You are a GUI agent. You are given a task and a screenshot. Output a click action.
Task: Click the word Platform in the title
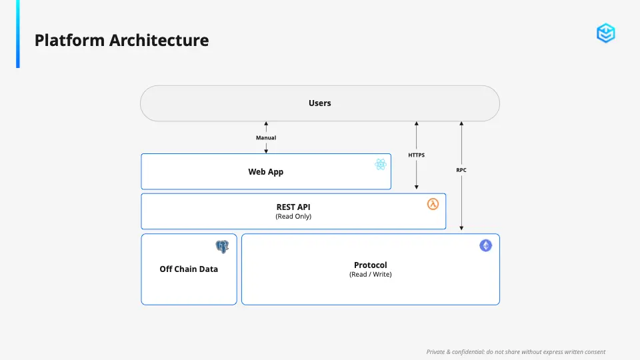tap(70, 41)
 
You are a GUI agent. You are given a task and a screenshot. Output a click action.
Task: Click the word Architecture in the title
tap(159, 41)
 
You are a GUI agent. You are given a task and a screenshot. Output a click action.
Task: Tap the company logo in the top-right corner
tap(606, 33)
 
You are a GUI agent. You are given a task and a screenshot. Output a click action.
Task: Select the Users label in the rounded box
tap(319, 103)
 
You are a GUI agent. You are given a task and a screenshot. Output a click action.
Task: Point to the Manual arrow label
tap(266, 138)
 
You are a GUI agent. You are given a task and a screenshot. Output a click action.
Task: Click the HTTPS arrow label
tap(416, 155)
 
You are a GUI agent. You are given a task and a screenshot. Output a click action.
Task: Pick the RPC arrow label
tap(461, 170)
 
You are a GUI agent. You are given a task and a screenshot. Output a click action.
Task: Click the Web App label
tap(266, 172)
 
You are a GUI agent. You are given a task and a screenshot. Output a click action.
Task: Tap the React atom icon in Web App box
tap(381, 165)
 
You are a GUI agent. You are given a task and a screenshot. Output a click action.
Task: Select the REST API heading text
tap(293, 207)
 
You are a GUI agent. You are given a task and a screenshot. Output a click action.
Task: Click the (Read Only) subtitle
tap(293, 216)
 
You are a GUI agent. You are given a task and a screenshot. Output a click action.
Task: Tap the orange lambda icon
tap(433, 204)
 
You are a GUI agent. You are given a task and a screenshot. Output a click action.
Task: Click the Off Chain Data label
tap(189, 269)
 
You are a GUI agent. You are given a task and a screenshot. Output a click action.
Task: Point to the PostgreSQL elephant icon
tap(222, 247)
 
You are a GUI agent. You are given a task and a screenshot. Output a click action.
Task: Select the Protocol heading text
tap(370, 265)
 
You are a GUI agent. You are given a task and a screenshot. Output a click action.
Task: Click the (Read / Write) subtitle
tap(370, 274)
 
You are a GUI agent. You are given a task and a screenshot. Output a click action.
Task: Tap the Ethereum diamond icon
tap(486, 245)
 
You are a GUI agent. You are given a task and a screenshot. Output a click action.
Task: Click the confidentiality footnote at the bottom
tap(516, 352)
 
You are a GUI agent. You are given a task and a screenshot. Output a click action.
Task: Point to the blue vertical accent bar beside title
tap(18, 34)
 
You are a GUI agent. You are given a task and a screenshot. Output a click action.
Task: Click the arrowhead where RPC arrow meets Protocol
tap(461, 228)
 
